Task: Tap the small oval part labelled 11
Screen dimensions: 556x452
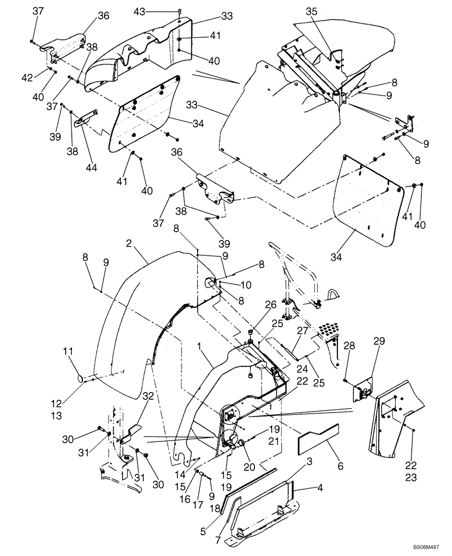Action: pyautogui.click(x=81, y=378)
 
